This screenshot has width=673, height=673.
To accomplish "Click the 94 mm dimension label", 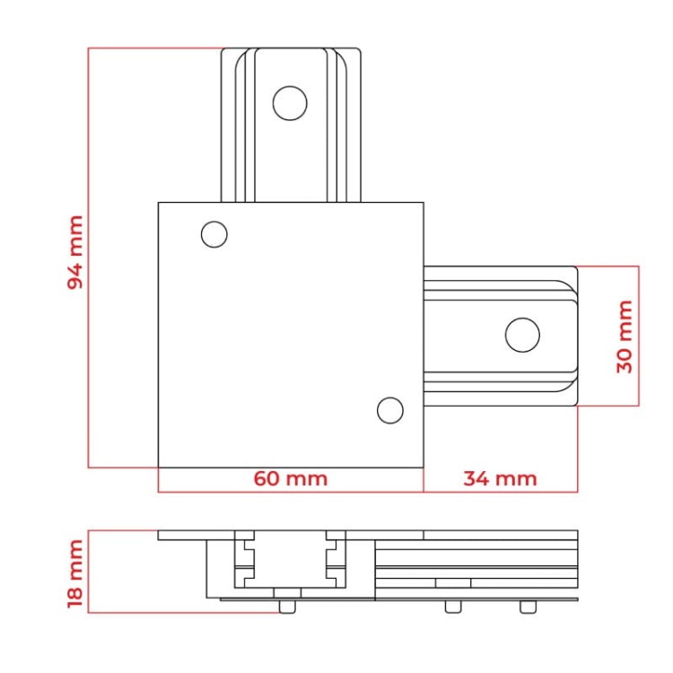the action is (x=75, y=252).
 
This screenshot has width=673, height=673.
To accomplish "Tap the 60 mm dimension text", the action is (x=291, y=478).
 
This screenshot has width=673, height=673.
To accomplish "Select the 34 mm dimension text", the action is (x=500, y=478).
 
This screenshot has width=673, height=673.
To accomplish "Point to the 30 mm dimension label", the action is (x=625, y=336).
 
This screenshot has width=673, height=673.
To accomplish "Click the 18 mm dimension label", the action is (x=75, y=573).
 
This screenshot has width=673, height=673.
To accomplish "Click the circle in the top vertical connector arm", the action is (x=290, y=103).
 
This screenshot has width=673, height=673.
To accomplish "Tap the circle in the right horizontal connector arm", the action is (x=522, y=335).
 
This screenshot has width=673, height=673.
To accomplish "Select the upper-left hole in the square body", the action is (x=214, y=234).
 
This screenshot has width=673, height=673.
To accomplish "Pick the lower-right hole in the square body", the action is (x=390, y=410).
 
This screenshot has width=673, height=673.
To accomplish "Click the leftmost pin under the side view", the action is (x=287, y=607).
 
